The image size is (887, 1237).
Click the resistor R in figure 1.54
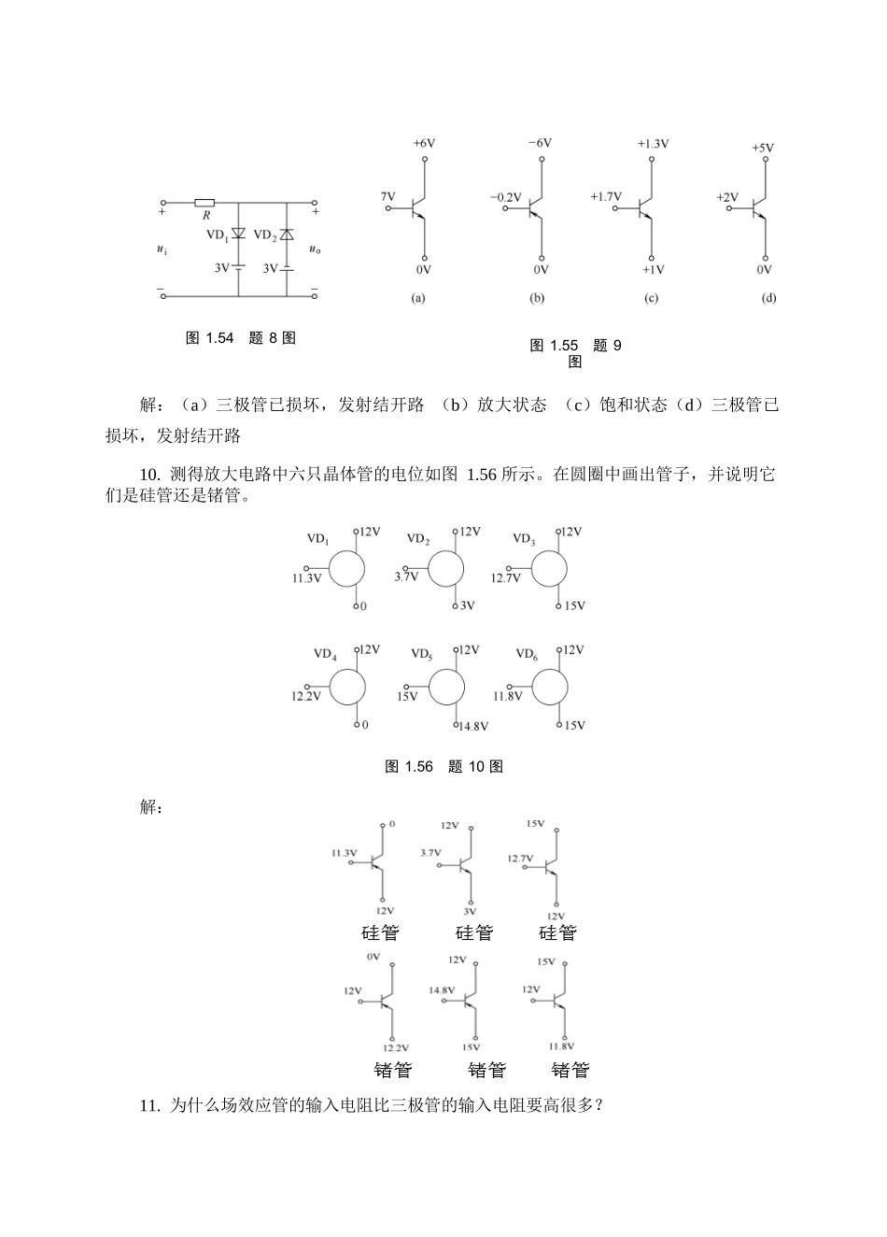point(205,202)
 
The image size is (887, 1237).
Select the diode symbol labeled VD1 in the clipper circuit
point(238,234)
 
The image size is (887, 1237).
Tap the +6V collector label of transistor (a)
point(424,144)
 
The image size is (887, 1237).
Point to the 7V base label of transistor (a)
point(387,197)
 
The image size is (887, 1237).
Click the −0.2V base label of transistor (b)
point(505,197)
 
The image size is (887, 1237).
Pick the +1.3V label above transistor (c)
point(653,144)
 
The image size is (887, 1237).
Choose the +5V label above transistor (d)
point(763,148)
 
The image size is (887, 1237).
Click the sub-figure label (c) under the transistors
point(651,299)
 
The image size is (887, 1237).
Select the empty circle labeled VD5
point(446,688)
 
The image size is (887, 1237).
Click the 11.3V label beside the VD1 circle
point(306,578)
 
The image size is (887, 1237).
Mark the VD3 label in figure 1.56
point(524,539)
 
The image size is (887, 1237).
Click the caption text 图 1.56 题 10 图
point(444,767)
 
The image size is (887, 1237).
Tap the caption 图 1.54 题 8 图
point(241,338)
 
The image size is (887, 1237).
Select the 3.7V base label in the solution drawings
point(430,853)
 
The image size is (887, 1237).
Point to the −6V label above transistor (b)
point(539,144)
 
